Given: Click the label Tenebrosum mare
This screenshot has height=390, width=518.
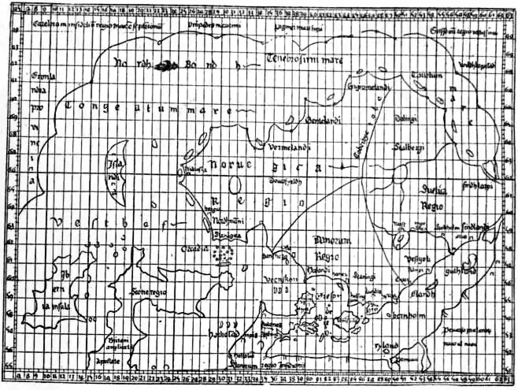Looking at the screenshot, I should coord(296,60).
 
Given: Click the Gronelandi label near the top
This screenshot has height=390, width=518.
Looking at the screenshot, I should coord(349,83).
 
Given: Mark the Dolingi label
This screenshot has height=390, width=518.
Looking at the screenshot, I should coord(405,119).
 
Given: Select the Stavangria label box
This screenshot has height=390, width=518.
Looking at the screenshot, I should coord(228,234).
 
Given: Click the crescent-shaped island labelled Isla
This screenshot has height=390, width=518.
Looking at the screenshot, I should coord(117,168).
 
